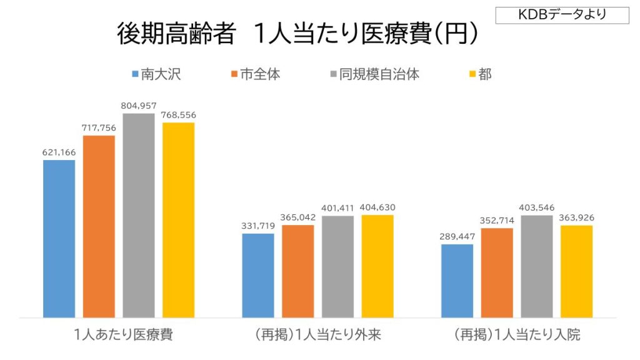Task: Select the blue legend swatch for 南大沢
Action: click(134, 74)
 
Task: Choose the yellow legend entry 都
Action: click(484, 74)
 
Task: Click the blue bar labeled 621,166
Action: click(59, 238)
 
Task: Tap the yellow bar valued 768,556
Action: click(178, 219)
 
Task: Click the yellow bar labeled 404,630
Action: click(377, 266)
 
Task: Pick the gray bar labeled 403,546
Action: click(537, 266)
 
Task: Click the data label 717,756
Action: click(99, 128)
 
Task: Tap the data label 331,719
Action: click(257, 226)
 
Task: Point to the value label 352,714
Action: click(497, 220)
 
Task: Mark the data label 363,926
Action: click(576, 217)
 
